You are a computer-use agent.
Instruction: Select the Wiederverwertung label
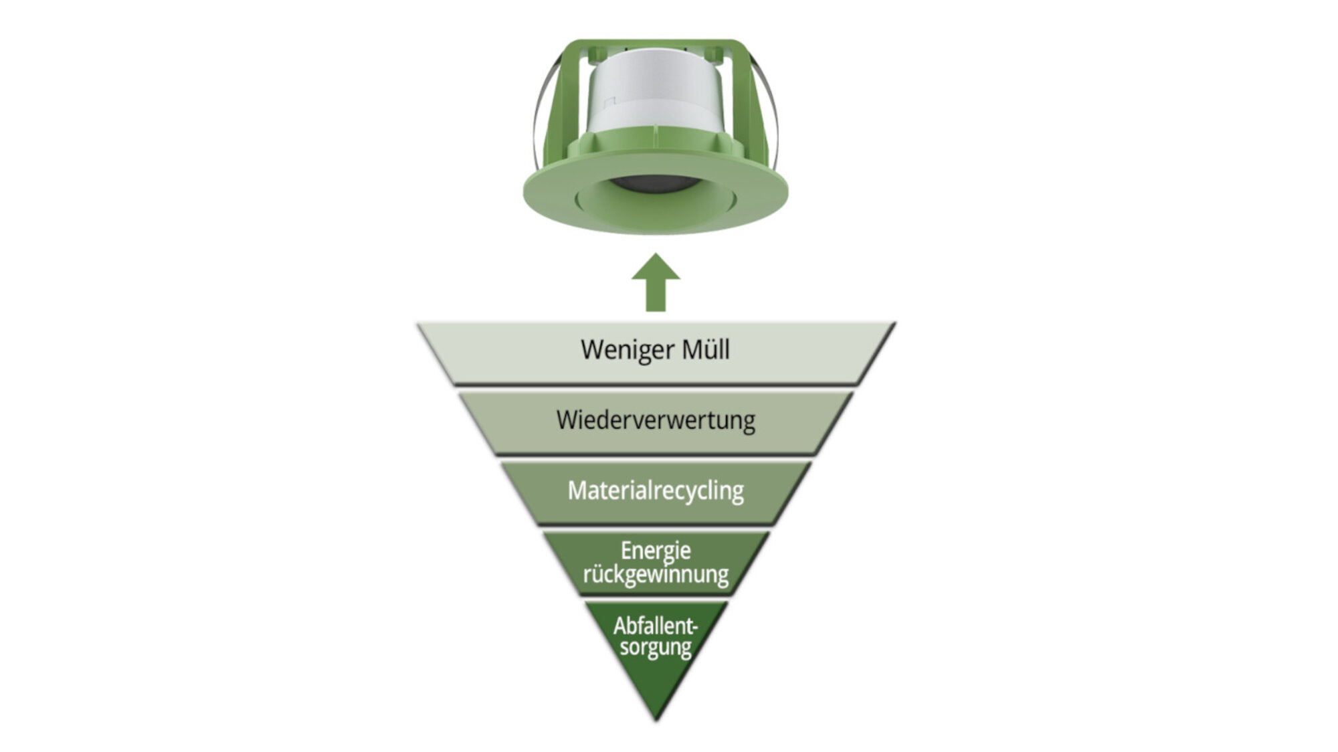(x=656, y=420)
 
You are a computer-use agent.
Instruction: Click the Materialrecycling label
(x=656, y=491)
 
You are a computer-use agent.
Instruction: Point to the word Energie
(x=656, y=551)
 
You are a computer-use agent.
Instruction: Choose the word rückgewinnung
(x=656, y=575)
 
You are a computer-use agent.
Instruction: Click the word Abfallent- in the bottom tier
(x=656, y=626)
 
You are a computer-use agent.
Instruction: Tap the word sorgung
(x=656, y=648)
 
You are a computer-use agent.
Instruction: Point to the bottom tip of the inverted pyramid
(x=656, y=721)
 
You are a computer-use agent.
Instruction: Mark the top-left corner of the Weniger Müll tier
(x=417, y=324)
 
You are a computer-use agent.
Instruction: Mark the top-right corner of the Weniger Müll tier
(x=895, y=323)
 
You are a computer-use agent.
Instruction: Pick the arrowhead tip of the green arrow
(x=656, y=253)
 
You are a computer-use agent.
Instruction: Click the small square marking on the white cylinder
(x=609, y=102)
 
